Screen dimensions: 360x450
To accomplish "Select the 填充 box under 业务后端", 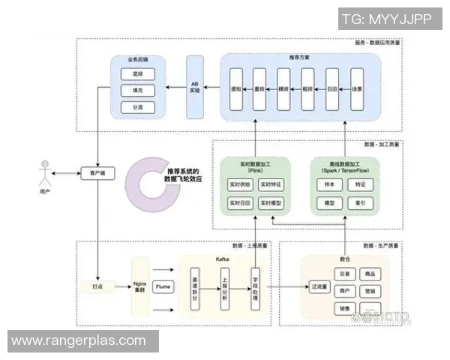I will click(x=137, y=91).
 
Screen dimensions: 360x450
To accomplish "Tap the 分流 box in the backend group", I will click(x=137, y=107).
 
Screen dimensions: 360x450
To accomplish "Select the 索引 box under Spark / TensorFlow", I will click(x=360, y=203).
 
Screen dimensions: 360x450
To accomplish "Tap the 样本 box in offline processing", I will click(x=328, y=184).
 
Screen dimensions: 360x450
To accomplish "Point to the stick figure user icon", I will click(x=46, y=175).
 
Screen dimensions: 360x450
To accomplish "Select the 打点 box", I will click(x=97, y=286).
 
